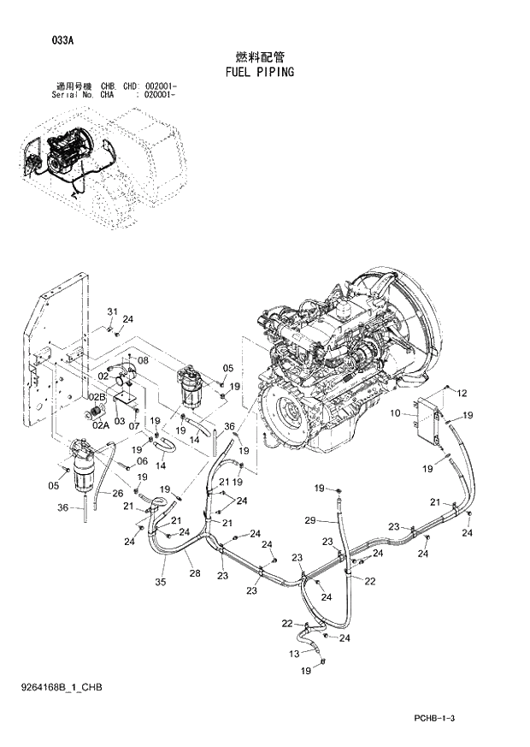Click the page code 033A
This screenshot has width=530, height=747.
(38, 40)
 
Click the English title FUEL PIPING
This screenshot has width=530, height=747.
(260, 72)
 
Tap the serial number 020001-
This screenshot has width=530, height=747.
(161, 96)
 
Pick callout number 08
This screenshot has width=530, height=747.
(143, 360)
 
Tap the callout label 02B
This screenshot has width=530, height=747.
(97, 397)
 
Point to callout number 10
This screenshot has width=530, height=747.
(396, 413)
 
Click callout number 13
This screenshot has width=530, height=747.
(296, 654)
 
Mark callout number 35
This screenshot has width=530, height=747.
(160, 583)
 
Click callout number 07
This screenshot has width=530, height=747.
(134, 425)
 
